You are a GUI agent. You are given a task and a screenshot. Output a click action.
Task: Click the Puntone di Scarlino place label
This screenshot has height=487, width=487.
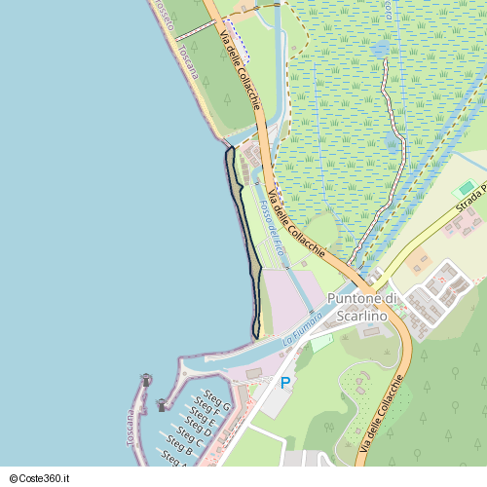(x=362, y=307)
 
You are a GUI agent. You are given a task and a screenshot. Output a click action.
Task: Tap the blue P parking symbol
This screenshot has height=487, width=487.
(x=285, y=384)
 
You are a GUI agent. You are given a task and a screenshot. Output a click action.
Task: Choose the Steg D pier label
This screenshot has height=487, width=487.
(x=194, y=431)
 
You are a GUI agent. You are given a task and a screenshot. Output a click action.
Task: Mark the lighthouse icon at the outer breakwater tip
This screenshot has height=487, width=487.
(x=147, y=379)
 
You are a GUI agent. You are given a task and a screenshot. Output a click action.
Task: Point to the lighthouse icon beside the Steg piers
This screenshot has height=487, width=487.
(x=162, y=404)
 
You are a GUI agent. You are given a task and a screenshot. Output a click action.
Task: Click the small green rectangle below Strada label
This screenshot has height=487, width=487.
(x=468, y=188)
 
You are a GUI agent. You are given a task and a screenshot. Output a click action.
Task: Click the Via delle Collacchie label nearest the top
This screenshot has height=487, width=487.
(x=240, y=68)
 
